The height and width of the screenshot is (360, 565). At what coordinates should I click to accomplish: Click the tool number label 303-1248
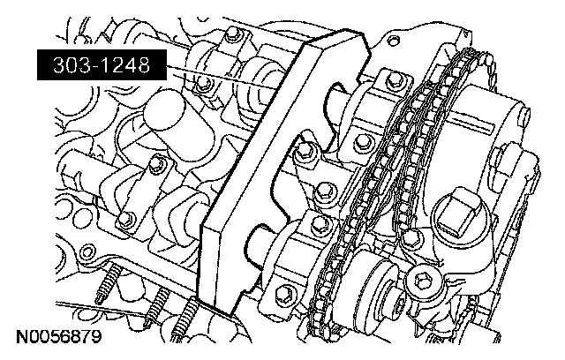(102, 65)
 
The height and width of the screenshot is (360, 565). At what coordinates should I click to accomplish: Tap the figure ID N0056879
(59, 337)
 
